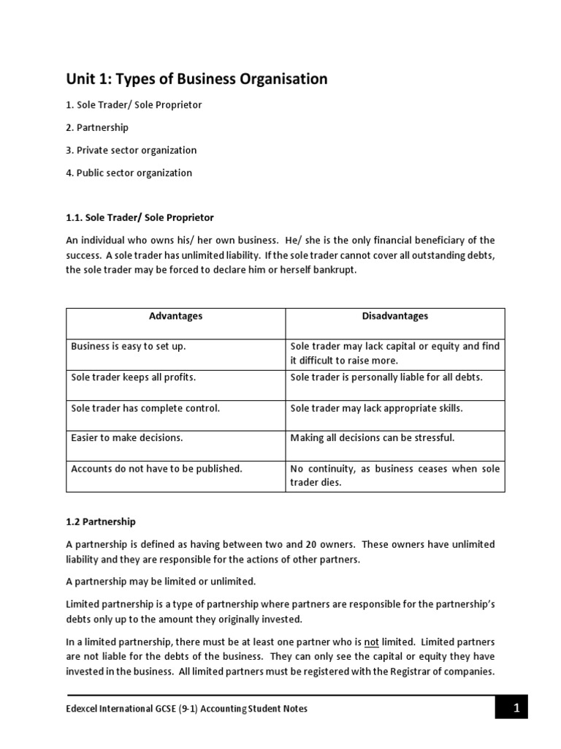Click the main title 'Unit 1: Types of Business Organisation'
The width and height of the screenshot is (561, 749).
[x=197, y=79]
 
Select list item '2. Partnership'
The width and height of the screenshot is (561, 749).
[x=97, y=127]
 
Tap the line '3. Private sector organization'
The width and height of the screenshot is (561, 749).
[x=131, y=150]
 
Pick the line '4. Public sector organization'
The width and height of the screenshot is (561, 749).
[x=129, y=173]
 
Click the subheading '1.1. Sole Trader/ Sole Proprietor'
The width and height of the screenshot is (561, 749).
[x=140, y=217]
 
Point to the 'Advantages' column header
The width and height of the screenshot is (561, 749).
[x=176, y=316]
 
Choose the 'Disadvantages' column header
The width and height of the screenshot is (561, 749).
[x=394, y=316]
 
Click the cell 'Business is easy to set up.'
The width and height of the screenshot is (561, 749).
[x=129, y=346]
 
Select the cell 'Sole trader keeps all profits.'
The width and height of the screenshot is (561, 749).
[x=134, y=377]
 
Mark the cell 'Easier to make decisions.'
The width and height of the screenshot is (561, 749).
[x=126, y=437]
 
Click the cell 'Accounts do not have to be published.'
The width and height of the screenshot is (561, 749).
[x=156, y=468]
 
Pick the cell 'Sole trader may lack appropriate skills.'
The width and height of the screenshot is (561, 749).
[x=376, y=407]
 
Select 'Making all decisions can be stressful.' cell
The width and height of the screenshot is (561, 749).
[x=373, y=437]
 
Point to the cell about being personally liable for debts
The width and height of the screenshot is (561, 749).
[x=386, y=377]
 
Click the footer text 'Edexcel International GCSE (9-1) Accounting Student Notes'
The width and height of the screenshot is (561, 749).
[x=187, y=709]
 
